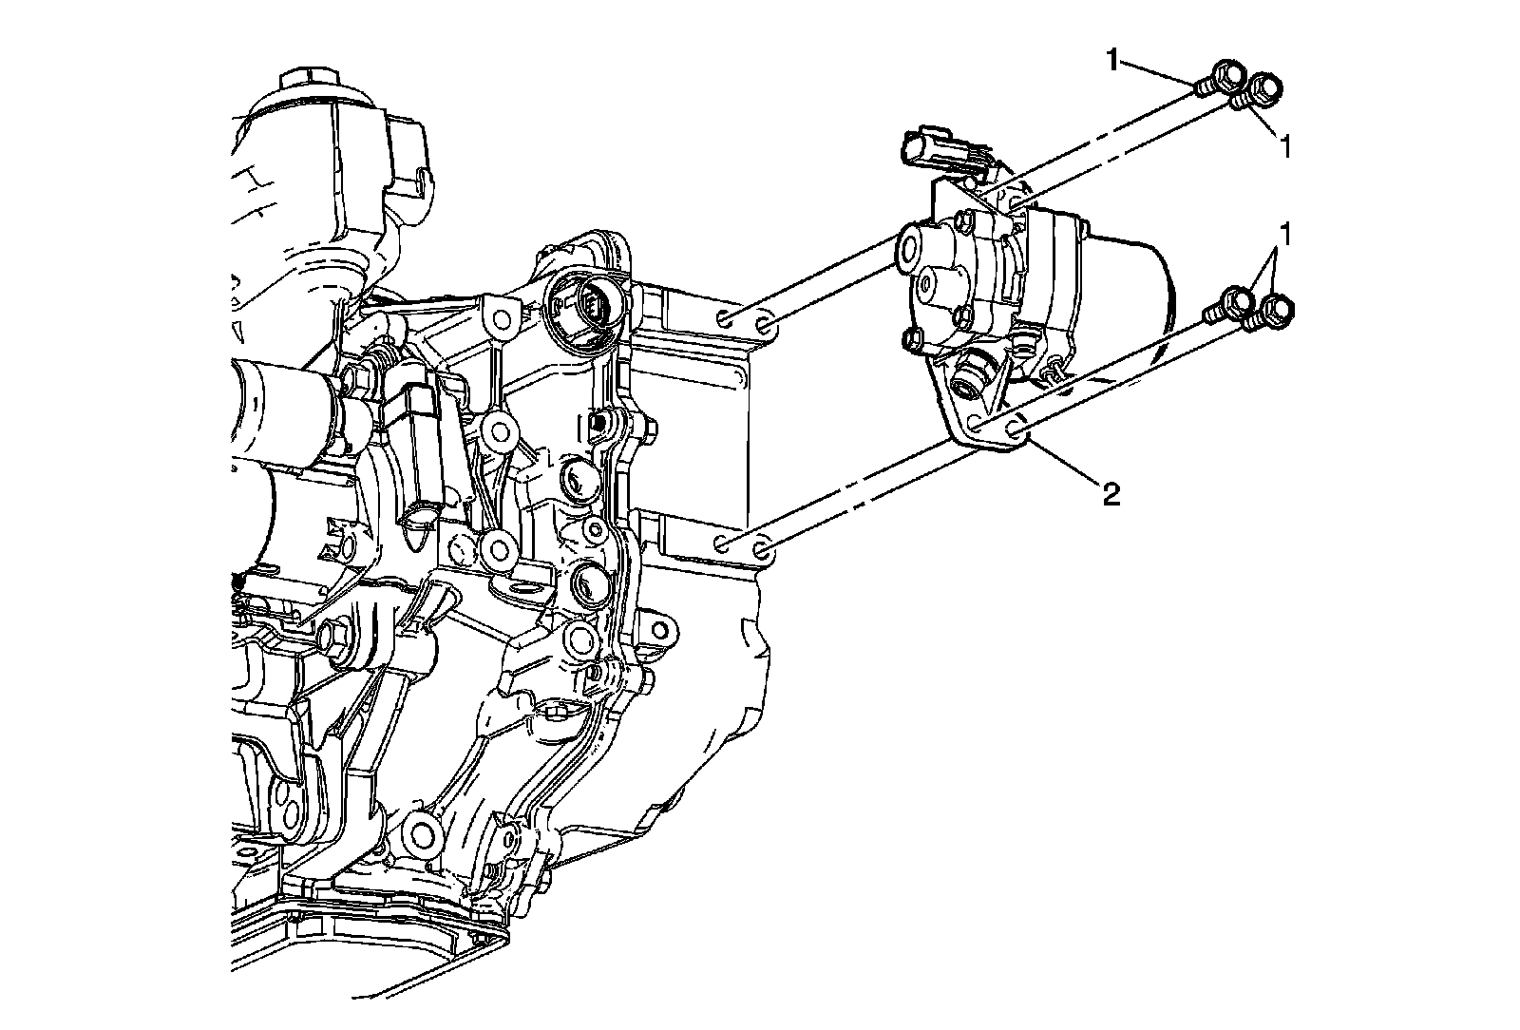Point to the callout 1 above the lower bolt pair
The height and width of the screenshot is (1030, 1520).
tap(1287, 232)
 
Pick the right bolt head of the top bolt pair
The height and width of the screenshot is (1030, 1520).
tap(1264, 88)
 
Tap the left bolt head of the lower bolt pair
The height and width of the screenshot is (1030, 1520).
tap(1235, 300)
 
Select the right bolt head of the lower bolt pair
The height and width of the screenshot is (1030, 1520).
tap(1276, 310)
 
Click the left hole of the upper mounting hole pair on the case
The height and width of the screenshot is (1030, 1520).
tap(725, 318)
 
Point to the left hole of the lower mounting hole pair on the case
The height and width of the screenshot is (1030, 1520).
tap(724, 544)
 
